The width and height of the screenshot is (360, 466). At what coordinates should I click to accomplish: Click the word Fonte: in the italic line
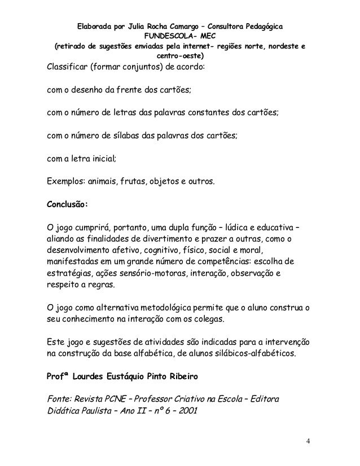(59, 399)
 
